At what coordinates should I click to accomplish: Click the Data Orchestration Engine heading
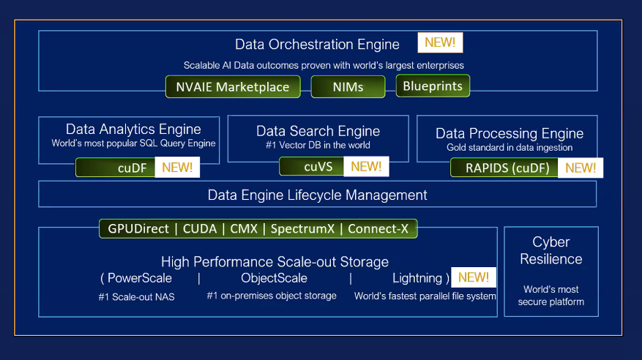coord(317,45)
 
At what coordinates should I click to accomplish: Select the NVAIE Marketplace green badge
coord(232,87)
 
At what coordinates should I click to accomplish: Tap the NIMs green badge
coord(348,87)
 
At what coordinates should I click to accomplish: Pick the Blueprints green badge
coord(433,86)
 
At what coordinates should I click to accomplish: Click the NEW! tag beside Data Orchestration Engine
coord(440,42)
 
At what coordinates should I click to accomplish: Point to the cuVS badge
coord(318,167)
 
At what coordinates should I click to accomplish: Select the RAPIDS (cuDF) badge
coord(504,168)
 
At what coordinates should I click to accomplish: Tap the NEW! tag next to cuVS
coord(366,167)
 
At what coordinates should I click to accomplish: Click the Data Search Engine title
coord(318,131)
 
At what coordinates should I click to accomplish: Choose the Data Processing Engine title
coord(510,133)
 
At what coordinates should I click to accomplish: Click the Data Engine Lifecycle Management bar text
coord(317,195)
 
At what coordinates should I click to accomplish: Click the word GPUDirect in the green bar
coord(138,229)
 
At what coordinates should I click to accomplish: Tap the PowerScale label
coord(140,278)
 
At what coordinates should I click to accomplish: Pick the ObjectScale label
coord(274,278)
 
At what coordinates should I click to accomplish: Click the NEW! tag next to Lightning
coord(474,277)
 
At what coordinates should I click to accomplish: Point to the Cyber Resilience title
coord(551,250)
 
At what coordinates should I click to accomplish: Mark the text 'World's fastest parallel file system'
coord(425,296)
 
